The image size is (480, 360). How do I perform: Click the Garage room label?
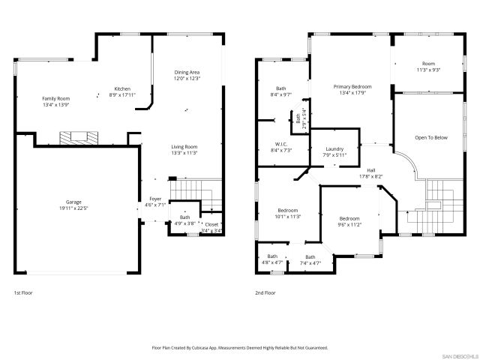click(x=73, y=202)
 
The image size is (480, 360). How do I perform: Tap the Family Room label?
click(x=55, y=98)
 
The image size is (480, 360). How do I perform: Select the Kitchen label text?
click(x=122, y=88)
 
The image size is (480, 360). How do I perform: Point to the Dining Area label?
click(x=187, y=72)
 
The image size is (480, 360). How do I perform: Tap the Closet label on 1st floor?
click(x=211, y=223)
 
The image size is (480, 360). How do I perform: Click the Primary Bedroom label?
click(x=352, y=86)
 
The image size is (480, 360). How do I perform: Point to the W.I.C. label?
click(x=281, y=143)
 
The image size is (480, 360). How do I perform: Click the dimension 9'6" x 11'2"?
click(x=349, y=223)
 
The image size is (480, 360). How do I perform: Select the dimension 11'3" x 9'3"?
click(x=428, y=70)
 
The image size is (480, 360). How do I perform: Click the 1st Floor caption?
click(x=23, y=292)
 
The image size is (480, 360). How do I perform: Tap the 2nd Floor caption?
click(x=265, y=292)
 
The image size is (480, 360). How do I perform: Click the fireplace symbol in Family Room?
click(x=75, y=137)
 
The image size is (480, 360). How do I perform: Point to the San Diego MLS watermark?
click(x=459, y=355)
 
